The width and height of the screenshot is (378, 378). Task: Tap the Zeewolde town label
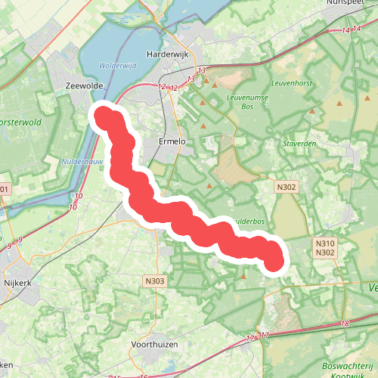coord(84,85)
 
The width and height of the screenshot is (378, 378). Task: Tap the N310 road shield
coord(325,243)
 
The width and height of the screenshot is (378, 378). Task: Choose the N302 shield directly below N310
coord(325,253)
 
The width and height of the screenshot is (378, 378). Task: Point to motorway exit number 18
coord(346,324)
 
